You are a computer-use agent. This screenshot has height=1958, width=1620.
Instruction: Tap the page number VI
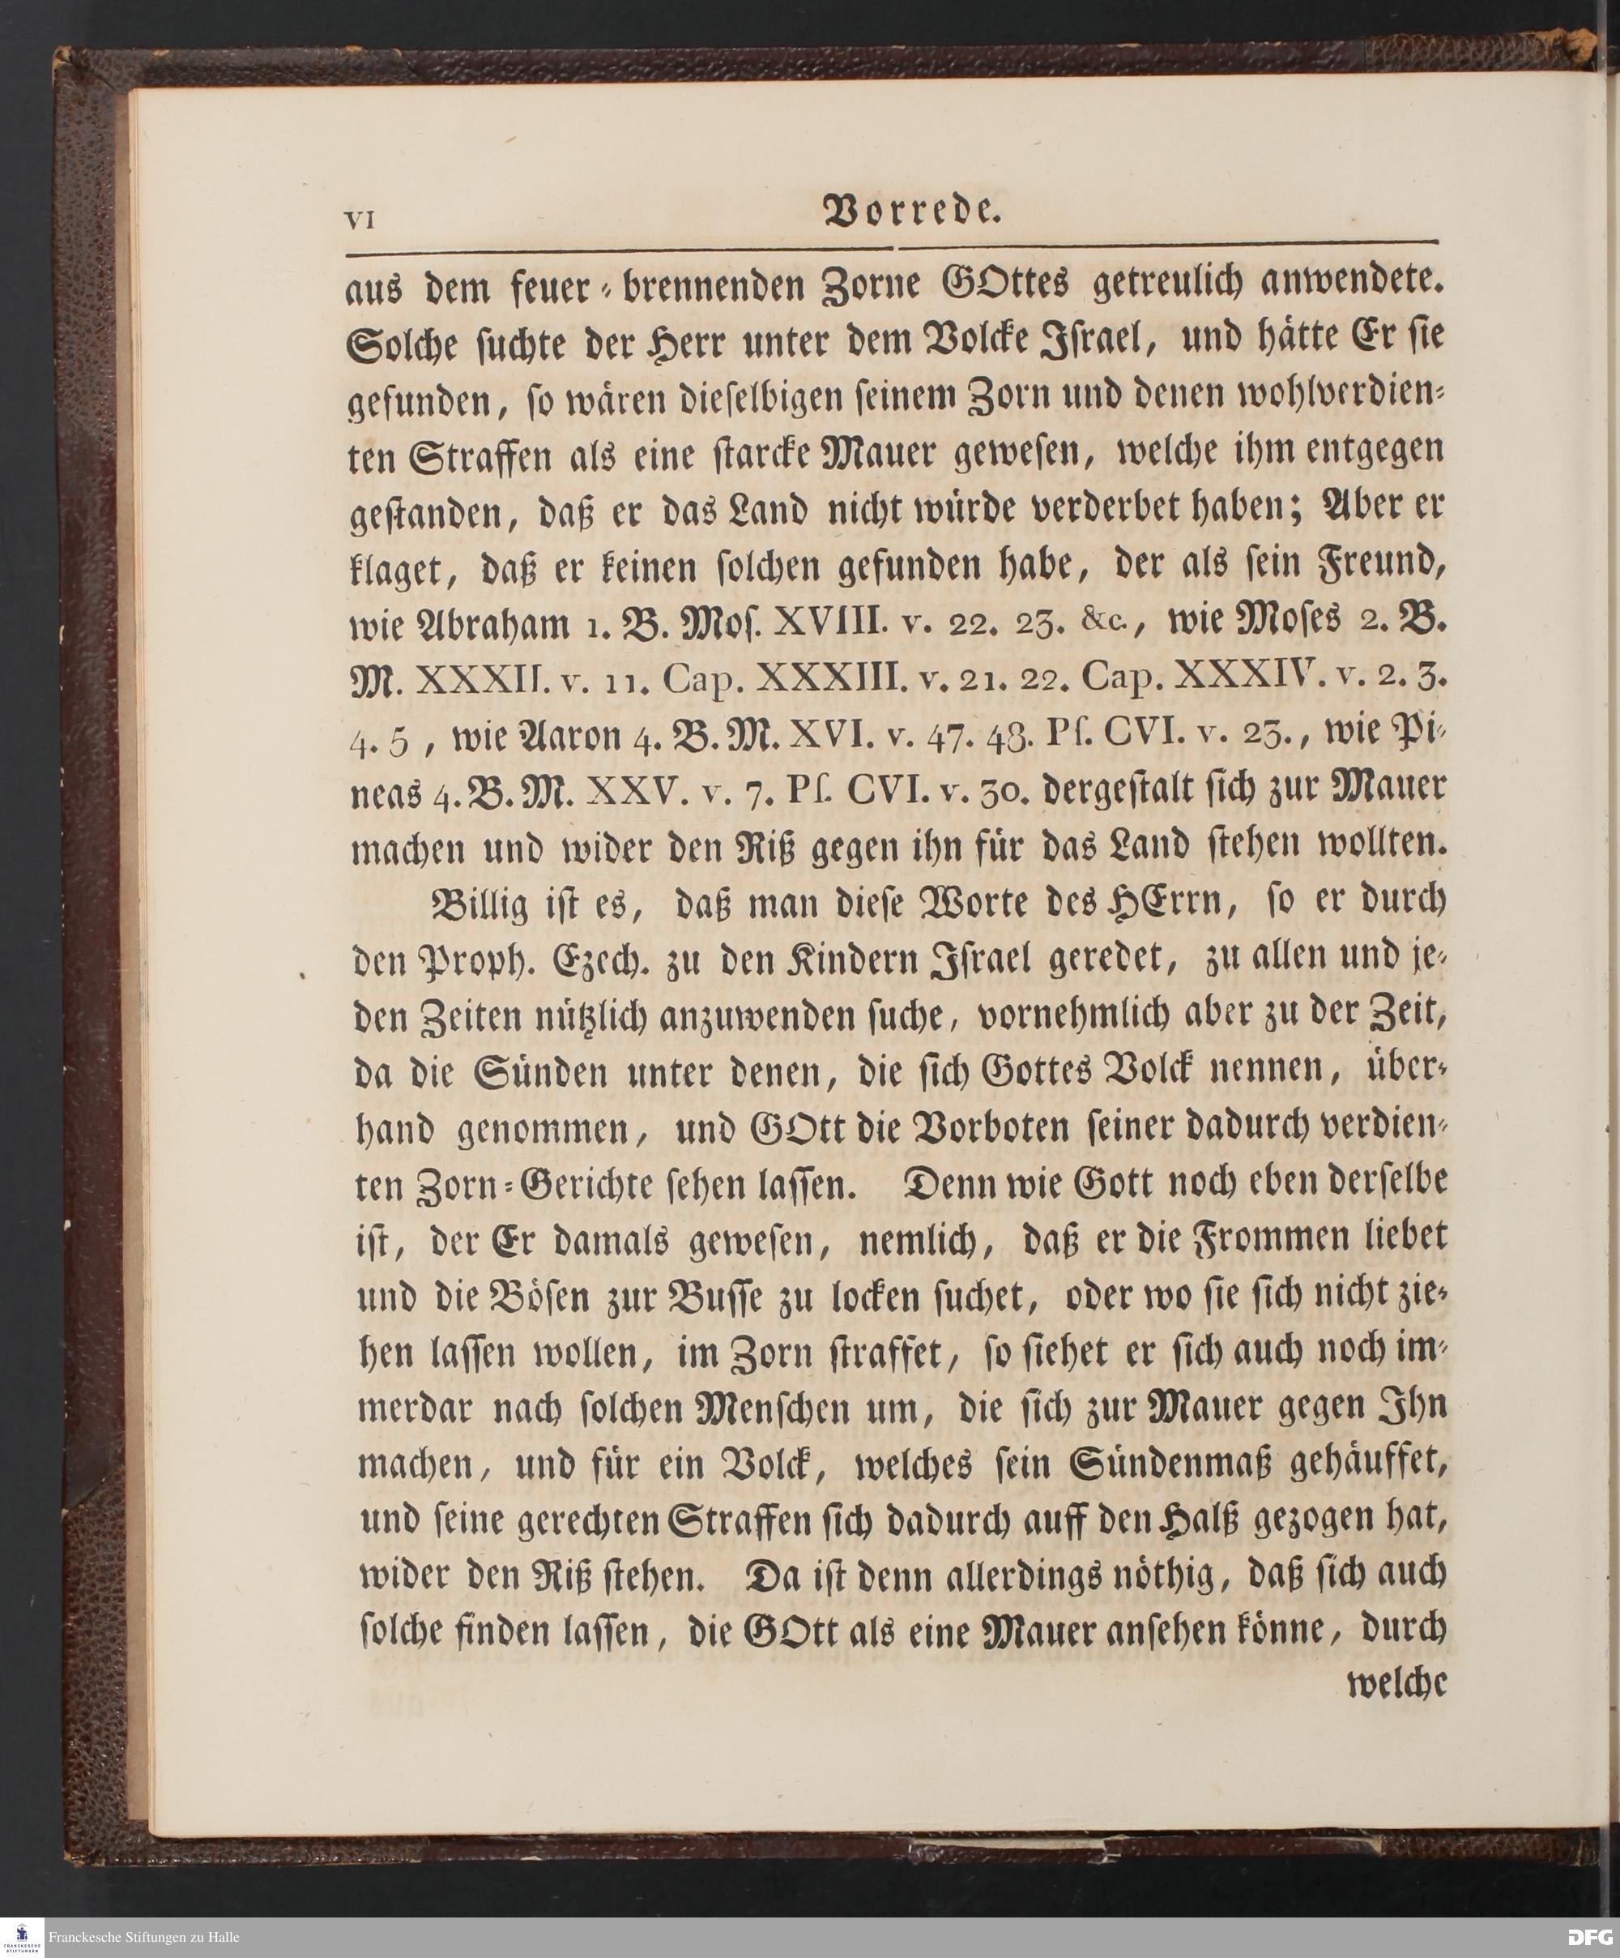pos(359,221)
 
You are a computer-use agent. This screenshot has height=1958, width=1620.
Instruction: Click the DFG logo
pos(1590,1938)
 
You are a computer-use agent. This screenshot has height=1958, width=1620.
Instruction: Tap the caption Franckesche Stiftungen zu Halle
pos(143,1938)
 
